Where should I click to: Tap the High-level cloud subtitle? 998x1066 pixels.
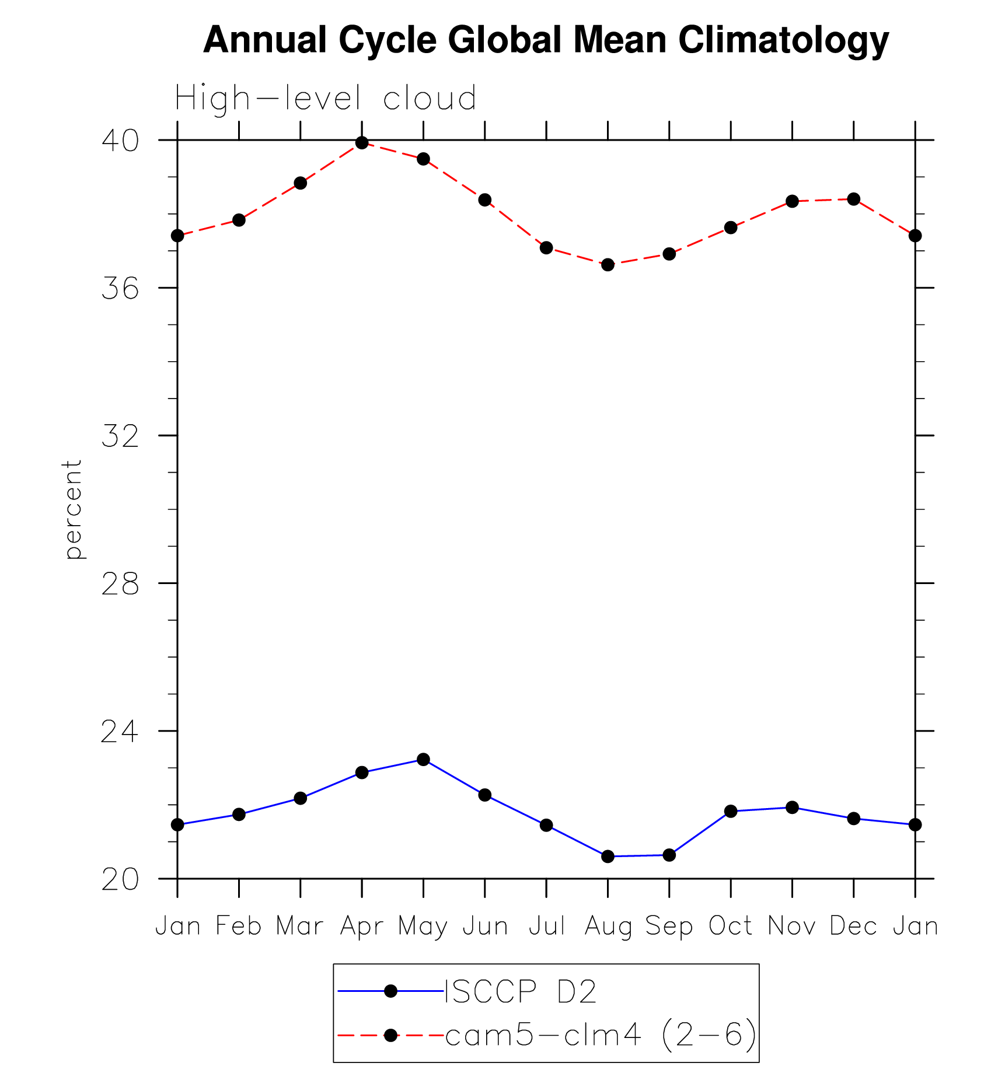point(325,98)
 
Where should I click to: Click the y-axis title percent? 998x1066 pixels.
point(73,509)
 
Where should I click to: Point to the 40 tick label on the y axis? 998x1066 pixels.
point(120,141)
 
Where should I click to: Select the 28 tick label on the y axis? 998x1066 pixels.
point(120,583)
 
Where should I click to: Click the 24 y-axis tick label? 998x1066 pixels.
point(120,731)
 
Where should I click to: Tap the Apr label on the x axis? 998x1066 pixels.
point(362,926)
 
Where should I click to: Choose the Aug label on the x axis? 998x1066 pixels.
point(608,926)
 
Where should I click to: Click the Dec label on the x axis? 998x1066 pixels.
point(853,926)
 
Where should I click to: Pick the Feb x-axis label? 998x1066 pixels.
point(239,926)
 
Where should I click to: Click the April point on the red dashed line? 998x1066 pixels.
point(362,143)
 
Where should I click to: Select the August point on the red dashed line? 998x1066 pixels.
point(608,265)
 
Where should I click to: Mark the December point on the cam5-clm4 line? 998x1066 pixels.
point(854,199)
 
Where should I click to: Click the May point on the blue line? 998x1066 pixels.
point(423,759)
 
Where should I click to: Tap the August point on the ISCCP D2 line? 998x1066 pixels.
point(608,857)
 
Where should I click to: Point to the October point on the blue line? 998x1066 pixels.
point(731,811)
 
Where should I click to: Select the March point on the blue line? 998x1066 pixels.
point(301,798)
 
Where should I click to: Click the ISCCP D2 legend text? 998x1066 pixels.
point(521,991)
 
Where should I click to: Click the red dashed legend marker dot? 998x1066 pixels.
point(391,1036)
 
